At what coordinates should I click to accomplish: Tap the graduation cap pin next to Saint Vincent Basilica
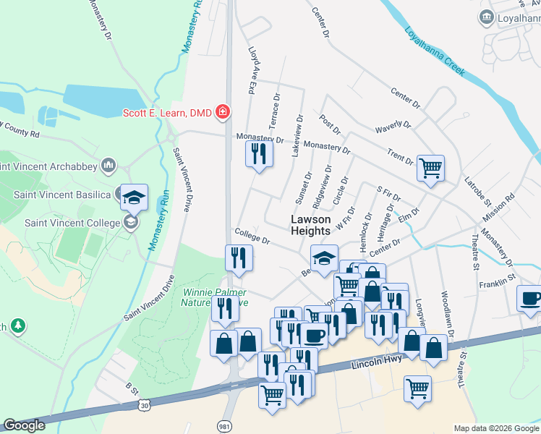click(134, 197)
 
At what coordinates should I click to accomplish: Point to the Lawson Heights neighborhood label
click(310, 225)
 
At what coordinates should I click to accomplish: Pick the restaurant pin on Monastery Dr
click(258, 153)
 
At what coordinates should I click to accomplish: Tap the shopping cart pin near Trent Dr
click(430, 168)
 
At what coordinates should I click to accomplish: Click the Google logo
click(24, 425)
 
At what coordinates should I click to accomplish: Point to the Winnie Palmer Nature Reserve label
click(216, 297)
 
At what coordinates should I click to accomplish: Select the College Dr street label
click(252, 236)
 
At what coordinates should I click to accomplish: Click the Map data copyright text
click(495, 428)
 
